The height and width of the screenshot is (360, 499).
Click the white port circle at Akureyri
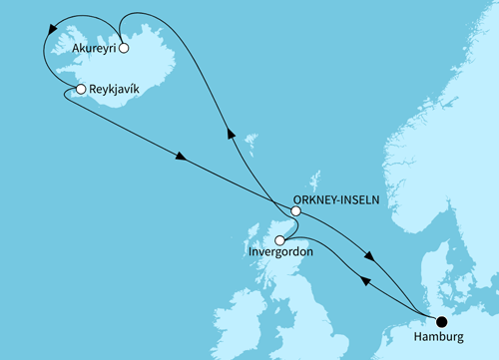tap(123, 47)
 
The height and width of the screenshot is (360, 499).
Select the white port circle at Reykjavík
tap(80, 91)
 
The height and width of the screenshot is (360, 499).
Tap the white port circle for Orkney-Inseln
tap(295, 210)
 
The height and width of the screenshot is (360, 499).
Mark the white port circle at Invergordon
tap(280, 240)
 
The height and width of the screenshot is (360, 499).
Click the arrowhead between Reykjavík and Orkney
tap(181, 157)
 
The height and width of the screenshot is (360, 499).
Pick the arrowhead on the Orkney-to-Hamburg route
tap(371, 257)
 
